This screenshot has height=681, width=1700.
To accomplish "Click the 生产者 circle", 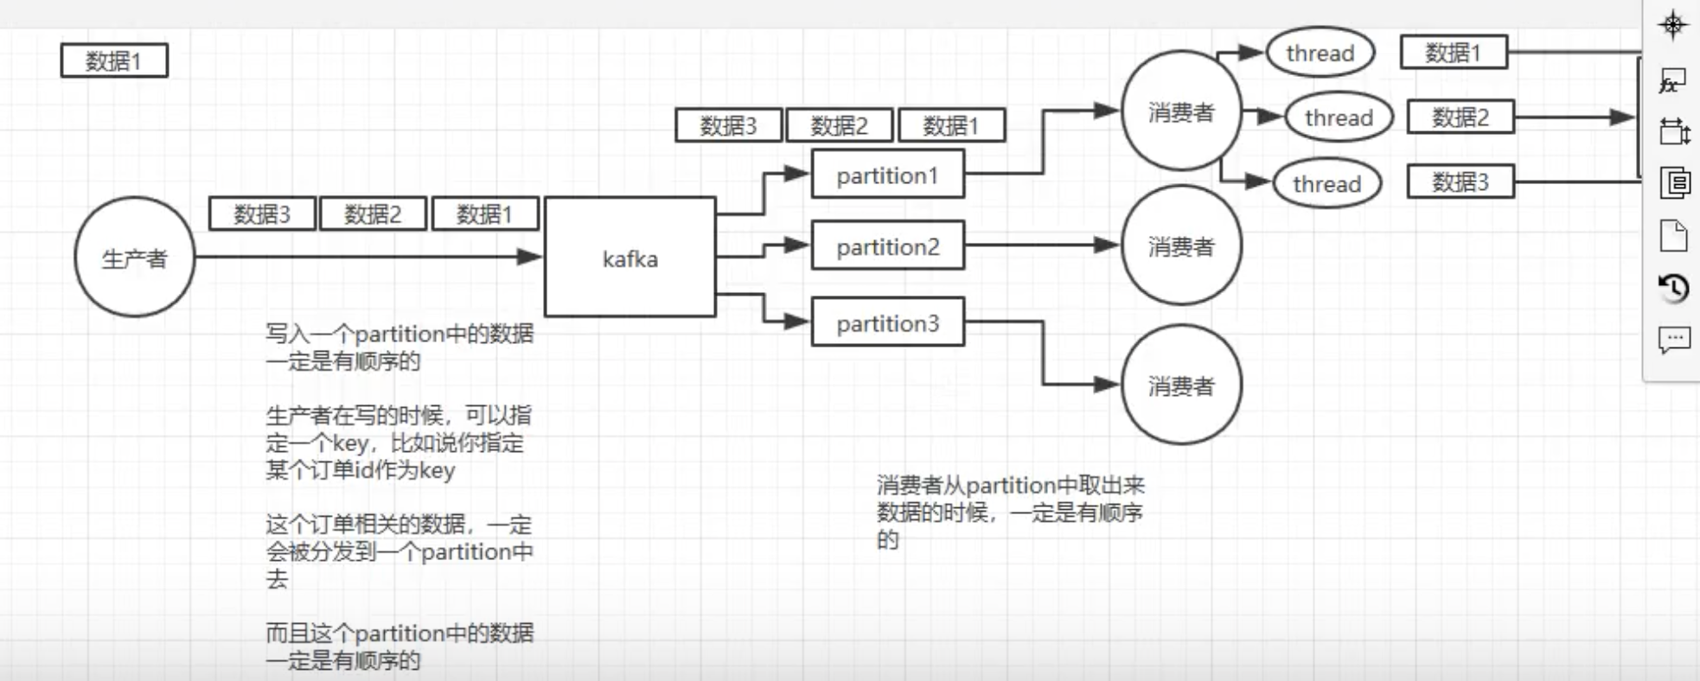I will point(134,258).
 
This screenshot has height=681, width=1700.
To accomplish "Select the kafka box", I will point(630,258).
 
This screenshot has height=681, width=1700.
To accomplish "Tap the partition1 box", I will point(887,175).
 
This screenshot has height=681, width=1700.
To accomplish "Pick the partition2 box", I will point(887,246).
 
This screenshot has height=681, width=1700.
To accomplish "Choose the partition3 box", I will point(887,322).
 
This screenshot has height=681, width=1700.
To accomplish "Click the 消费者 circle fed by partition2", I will point(1181,246).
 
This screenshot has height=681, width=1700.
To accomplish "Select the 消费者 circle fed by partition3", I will point(1181,385).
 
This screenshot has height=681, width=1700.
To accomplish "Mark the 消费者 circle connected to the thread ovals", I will point(1181,111).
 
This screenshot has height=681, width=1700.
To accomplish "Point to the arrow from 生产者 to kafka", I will point(363,256).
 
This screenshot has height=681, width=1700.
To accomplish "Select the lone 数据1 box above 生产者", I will point(114,60).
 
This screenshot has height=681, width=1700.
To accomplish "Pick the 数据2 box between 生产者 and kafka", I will point(373,213).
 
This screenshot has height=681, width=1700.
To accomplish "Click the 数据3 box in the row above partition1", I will point(728,125).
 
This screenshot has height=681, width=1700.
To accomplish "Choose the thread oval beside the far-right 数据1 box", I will point(1320,53).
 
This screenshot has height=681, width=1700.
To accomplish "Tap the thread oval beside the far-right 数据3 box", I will point(1326,183).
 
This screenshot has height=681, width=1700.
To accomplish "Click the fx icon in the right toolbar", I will point(1672,82).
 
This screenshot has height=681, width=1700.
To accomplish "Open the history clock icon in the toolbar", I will point(1673,287).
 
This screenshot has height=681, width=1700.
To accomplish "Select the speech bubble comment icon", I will point(1673,339).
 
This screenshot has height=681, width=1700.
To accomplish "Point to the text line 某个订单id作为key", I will point(360,470).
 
